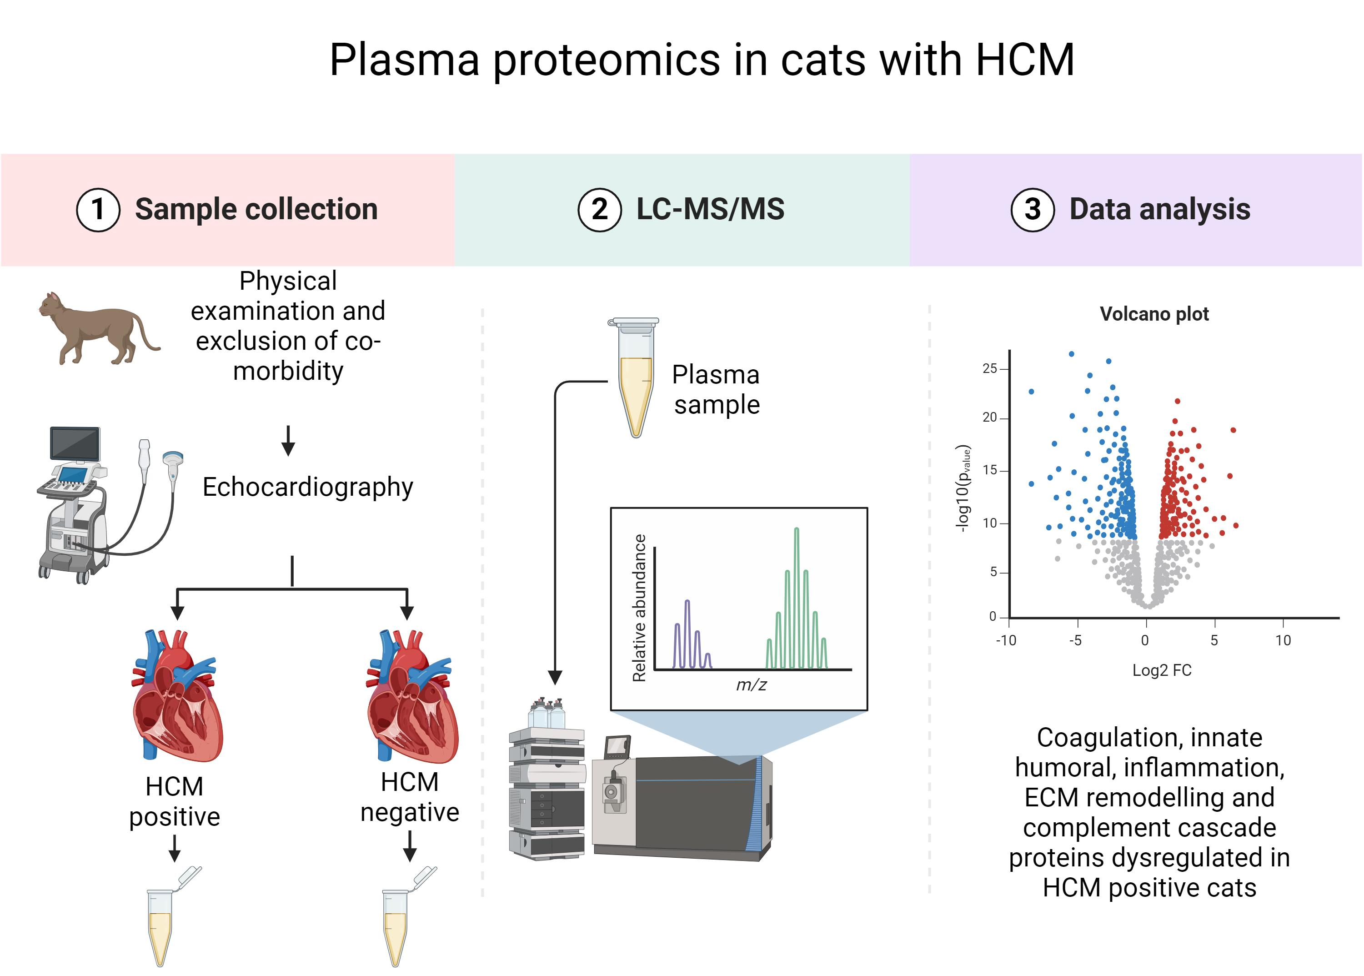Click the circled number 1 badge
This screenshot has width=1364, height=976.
point(98,210)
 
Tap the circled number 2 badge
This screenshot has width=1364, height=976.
point(599,210)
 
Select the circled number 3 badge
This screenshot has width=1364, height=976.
point(1032,210)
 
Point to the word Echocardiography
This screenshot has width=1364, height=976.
point(308,487)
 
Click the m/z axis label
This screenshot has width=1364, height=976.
point(751,684)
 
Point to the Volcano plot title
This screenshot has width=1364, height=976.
point(1153,314)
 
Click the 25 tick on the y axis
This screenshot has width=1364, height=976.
point(990,368)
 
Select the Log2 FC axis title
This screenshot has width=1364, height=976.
point(1162,670)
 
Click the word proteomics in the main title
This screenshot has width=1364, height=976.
point(607,60)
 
